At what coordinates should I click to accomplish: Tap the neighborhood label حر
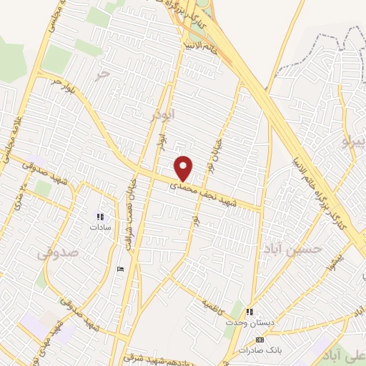click(104, 73)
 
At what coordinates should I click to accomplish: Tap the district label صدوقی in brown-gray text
click(63, 252)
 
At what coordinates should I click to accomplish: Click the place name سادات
click(100, 227)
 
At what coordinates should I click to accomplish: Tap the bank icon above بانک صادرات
click(259, 339)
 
